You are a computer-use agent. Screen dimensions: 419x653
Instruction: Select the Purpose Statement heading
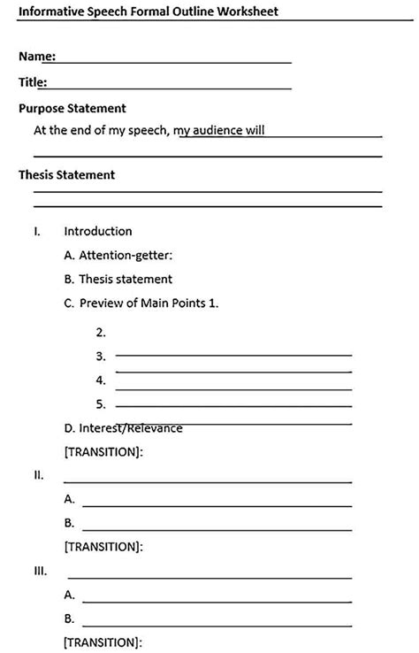point(72,108)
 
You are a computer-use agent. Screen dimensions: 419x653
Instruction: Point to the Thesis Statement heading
point(66,174)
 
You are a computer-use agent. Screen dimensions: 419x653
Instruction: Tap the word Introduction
point(97,231)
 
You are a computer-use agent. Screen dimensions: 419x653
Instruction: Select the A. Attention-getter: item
point(118,255)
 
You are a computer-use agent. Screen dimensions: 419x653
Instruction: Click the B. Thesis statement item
point(118,279)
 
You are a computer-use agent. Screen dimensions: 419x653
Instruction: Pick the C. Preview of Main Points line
point(141,303)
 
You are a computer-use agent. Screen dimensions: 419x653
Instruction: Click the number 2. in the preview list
point(101,333)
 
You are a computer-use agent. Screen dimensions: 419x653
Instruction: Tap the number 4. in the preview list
point(101,380)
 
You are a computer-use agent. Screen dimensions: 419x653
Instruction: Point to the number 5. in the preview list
point(101,404)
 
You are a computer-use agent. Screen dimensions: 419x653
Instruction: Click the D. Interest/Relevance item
point(124,428)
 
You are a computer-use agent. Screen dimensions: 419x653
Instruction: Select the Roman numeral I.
point(36,231)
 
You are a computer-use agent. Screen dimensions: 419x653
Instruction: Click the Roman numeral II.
point(38,475)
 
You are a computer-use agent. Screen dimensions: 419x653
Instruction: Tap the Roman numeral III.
point(40,571)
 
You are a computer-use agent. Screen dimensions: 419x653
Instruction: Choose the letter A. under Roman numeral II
point(69,499)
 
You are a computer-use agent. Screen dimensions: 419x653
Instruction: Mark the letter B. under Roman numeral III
point(69,618)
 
